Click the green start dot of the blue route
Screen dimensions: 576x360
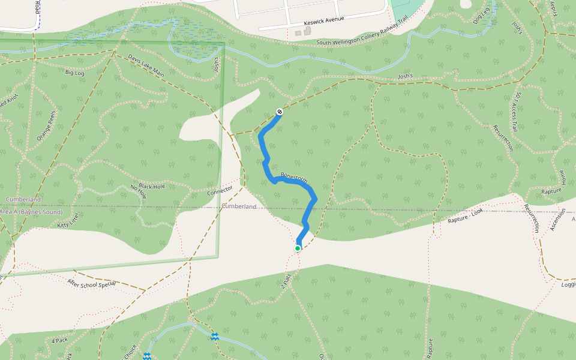[298, 248]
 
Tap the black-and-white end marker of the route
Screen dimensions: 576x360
[280, 112]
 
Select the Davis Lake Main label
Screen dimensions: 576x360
[146, 64]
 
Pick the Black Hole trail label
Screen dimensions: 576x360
[151, 186]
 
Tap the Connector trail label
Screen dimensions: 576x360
[220, 191]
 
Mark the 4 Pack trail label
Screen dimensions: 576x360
[59, 340]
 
